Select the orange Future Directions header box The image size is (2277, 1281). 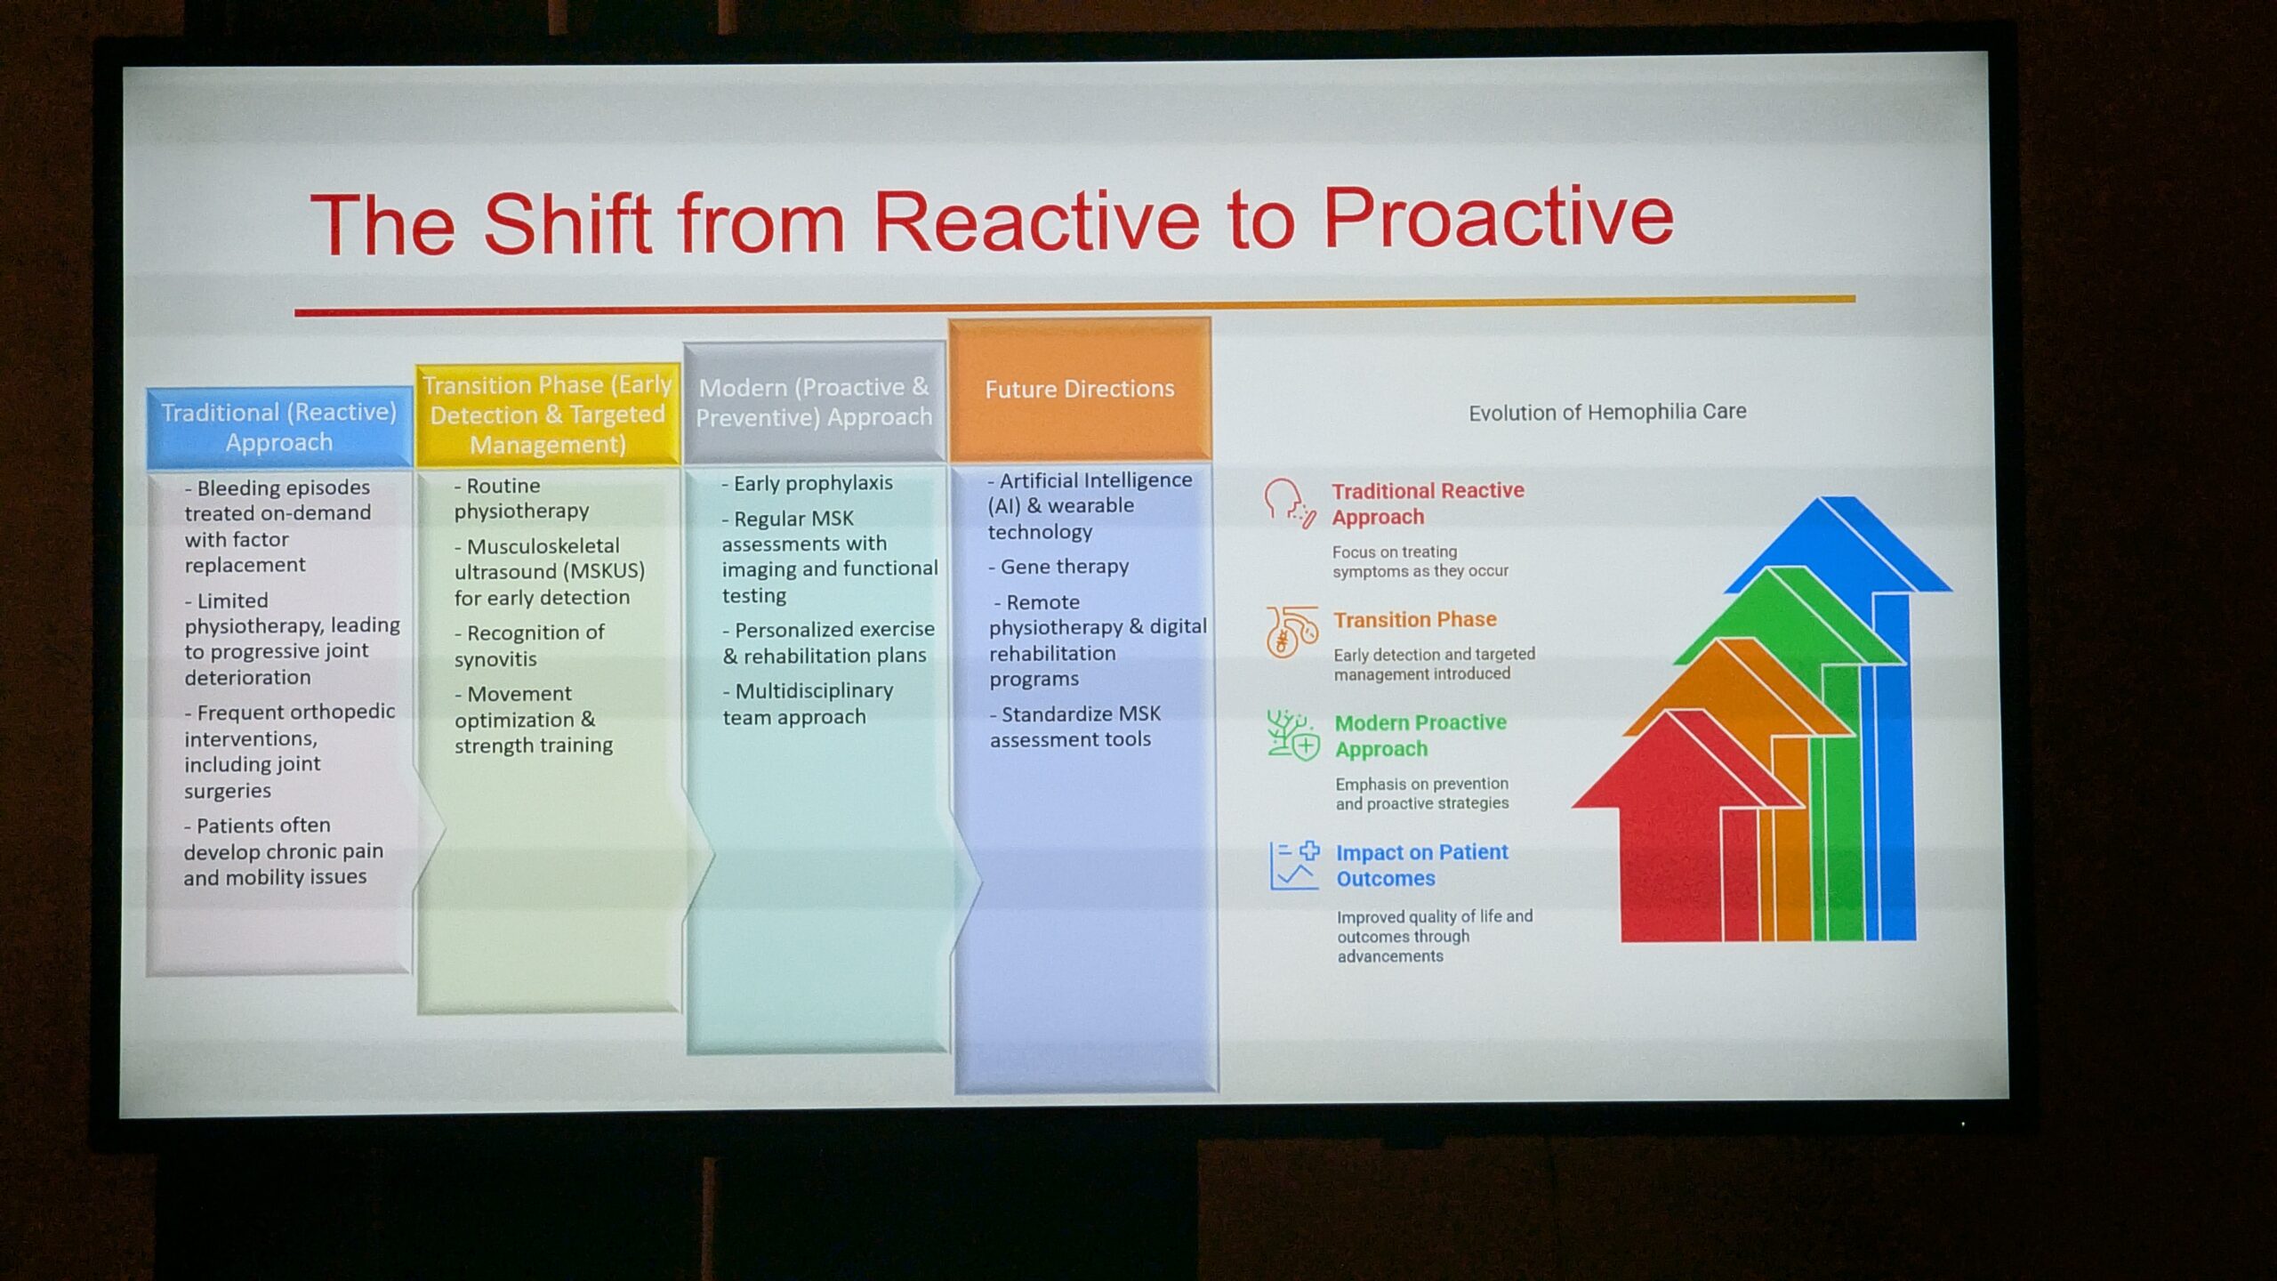pyautogui.click(x=1080, y=389)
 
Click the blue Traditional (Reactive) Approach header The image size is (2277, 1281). pyautogui.click(x=279, y=427)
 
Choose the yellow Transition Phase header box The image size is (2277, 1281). pyautogui.click(x=548, y=415)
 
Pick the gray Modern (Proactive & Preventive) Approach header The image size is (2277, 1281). pyautogui.click(x=814, y=402)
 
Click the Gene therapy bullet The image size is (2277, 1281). pyautogui.click(x=1058, y=567)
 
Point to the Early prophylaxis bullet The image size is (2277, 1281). pyautogui.click(x=807, y=483)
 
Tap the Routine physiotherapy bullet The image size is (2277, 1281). pyautogui.click(x=522, y=498)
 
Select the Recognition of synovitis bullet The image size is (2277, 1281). pyautogui.click(x=529, y=646)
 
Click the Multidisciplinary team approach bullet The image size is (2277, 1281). pyautogui.click(x=808, y=704)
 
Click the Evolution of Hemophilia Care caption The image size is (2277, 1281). pyautogui.click(x=1607, y=413)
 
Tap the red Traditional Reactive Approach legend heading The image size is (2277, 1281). pyautogui.click(x=1428, y=504)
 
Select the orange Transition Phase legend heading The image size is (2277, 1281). pyautogui.click(x=1414, y=619)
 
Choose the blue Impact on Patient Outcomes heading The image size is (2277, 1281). pyautogui.click(x=1422, y=866)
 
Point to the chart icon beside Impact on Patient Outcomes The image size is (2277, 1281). pyautogui.click(x=1294, y=866)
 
